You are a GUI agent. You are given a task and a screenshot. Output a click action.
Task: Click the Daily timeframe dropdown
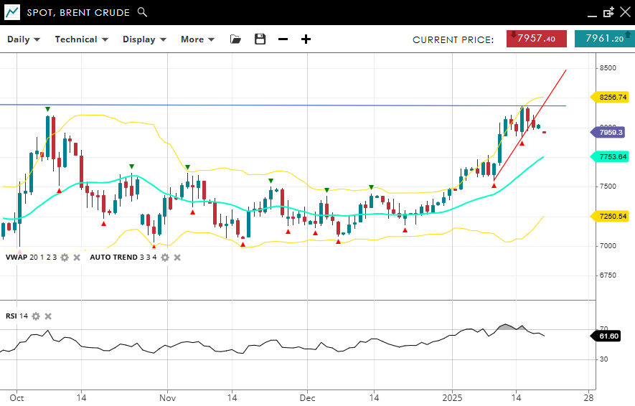click(x=24, y=39)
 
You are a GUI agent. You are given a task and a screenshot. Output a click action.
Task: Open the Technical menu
click(x=81, y=39)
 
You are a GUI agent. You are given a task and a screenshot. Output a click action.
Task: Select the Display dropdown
click(x=144, y=39)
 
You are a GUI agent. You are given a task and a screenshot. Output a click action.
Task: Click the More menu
click(x=197, y=39)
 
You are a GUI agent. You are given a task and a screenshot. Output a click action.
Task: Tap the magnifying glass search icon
click(x=142, y=12)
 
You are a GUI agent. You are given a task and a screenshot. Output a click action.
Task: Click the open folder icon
click(x=235, y=39)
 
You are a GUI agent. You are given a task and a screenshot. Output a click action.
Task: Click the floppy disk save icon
click(x=260, y=39)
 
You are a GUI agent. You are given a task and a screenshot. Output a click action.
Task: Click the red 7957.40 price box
click(x=536, y=39)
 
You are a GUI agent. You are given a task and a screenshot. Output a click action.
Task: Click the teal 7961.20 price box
click(x=604, y=39)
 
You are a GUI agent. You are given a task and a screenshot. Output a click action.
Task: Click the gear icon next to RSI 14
click(x=35, y=316)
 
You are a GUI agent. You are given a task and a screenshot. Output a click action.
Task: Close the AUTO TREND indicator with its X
click(x=177, y=258)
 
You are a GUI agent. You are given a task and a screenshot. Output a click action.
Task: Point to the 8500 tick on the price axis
click(x=608, y=68)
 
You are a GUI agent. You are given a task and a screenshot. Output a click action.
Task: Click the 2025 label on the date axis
click(x=452, y=397)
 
